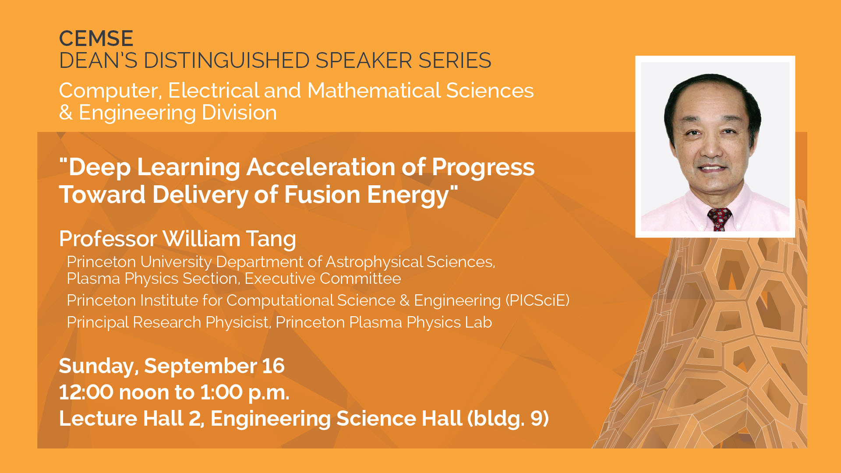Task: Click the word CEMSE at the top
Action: (96, 39)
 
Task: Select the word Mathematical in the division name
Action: (376, 91)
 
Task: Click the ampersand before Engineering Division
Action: (66, 113)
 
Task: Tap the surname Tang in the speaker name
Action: (271, 240)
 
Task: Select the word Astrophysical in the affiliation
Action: (375, 262)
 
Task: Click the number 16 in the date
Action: (273, 366)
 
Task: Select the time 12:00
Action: (86, 392)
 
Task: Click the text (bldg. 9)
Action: (508, 419)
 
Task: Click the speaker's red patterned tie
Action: (719, 219)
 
